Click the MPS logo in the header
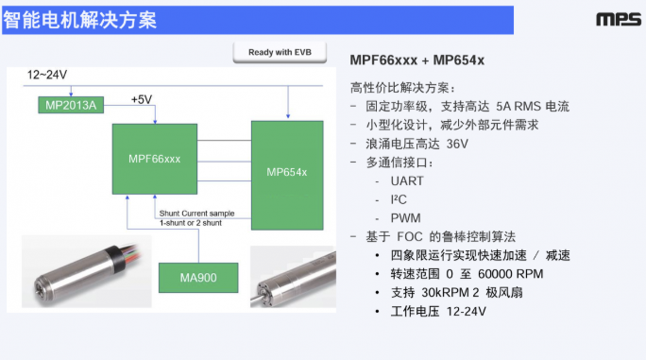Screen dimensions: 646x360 point(618,19)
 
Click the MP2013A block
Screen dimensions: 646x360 point(70,104)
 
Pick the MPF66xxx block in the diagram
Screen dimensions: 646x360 point(154,158)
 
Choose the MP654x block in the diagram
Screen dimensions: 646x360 point(287,172)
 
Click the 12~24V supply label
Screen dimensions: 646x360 point(47,74)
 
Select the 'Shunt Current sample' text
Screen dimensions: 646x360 point(196,213)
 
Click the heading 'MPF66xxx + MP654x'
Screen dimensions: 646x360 point(416,60)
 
